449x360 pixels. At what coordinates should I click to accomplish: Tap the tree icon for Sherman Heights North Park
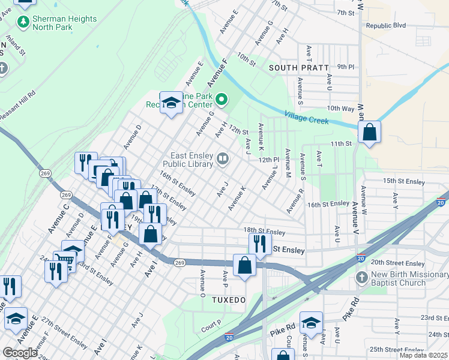[x=23, y=22]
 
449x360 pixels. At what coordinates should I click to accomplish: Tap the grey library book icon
[x=223, y=158]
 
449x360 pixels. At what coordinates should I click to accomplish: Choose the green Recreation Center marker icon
[x=221, y=100]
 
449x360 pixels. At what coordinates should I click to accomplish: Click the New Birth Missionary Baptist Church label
[x=407, y=278]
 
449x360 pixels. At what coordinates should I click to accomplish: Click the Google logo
[x=20, y=353]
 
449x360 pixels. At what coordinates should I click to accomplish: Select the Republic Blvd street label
[x=386, y=26]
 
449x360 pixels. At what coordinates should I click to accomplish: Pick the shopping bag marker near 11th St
[x=369, y=131]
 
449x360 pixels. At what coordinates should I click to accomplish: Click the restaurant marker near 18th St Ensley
[x=260, y=244]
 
